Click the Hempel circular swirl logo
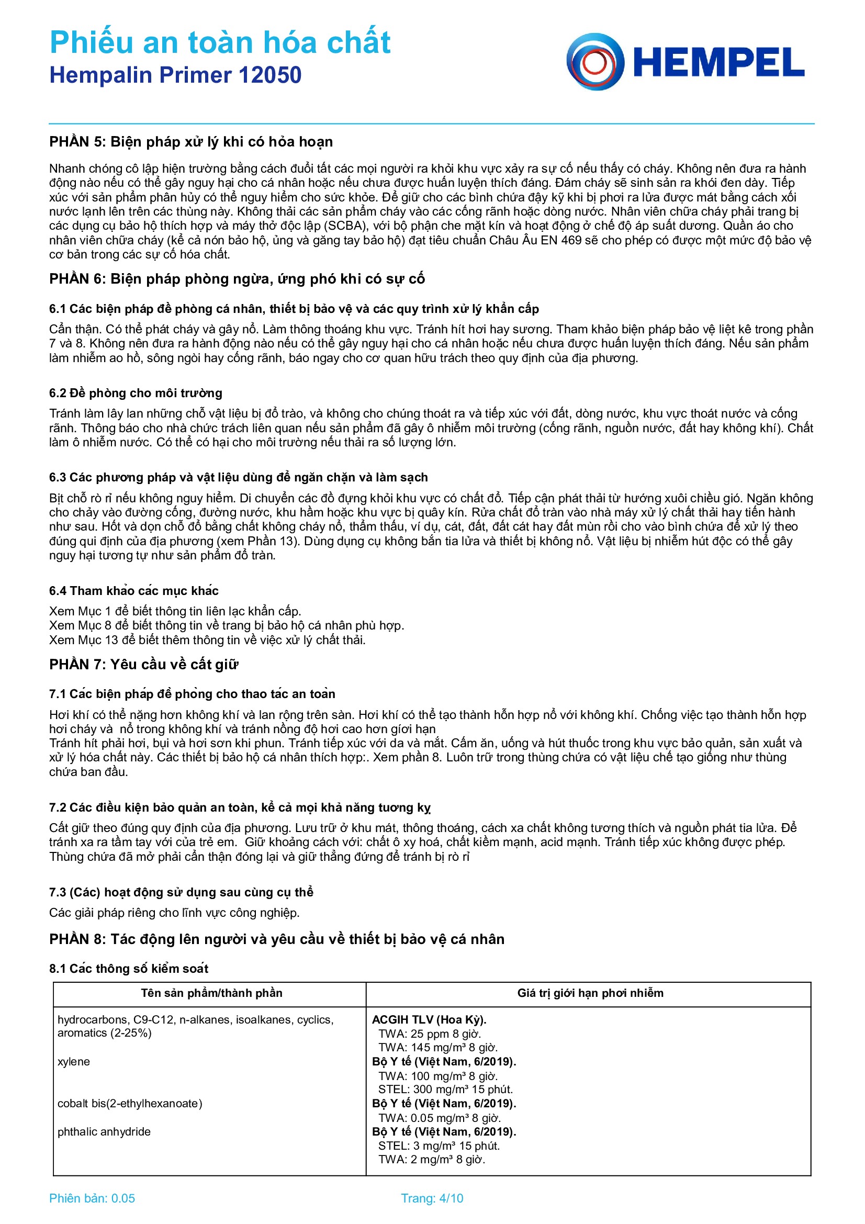tap(595, 62)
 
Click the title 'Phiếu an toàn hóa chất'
tap(220, 42)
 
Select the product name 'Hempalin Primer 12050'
tap(175, 75)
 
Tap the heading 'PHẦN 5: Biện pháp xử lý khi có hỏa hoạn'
tap(191, 142)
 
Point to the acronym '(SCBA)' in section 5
tap(344, 226)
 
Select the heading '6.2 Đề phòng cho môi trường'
tap(136, 393)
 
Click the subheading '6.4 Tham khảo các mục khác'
tap(134, 591)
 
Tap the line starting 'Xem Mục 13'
tap(207, 639)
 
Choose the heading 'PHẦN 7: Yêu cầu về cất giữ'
tap(143, 664)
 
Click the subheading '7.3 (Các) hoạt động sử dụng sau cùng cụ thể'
tap(181, 892)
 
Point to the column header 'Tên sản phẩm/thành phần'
tap(211, 993)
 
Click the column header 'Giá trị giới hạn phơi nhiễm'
tap(590, 993)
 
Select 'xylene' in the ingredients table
tap(74, 1061)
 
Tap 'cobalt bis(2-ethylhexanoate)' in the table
tap(130, 1103)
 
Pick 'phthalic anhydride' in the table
tap(104, 1131)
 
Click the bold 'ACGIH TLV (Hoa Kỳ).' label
tap(429, 1019)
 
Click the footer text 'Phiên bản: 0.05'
tap(92, 1198)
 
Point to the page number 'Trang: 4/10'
tap(432, 1198)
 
